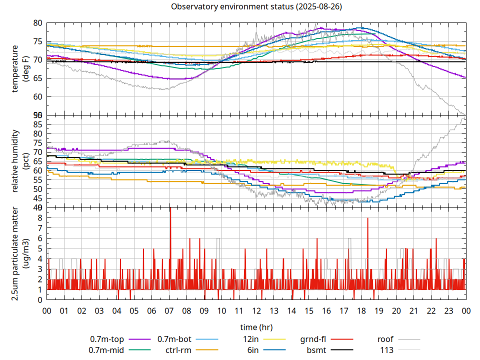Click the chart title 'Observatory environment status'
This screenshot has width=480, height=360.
pos(256,7)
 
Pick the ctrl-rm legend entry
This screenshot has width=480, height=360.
pos(178,350)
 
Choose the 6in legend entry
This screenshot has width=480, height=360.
pos(253,350)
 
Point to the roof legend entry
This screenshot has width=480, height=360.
pos(385,338)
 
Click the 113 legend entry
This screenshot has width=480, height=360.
pos(387,350)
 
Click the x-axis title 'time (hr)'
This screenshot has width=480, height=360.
pos(256,327)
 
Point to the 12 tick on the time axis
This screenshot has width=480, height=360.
pos(256,310)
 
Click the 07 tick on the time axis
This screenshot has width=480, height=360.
pos(169,310)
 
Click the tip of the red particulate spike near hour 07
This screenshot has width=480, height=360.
pos(170,208)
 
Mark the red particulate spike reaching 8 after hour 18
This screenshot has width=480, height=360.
pos(367,218)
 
